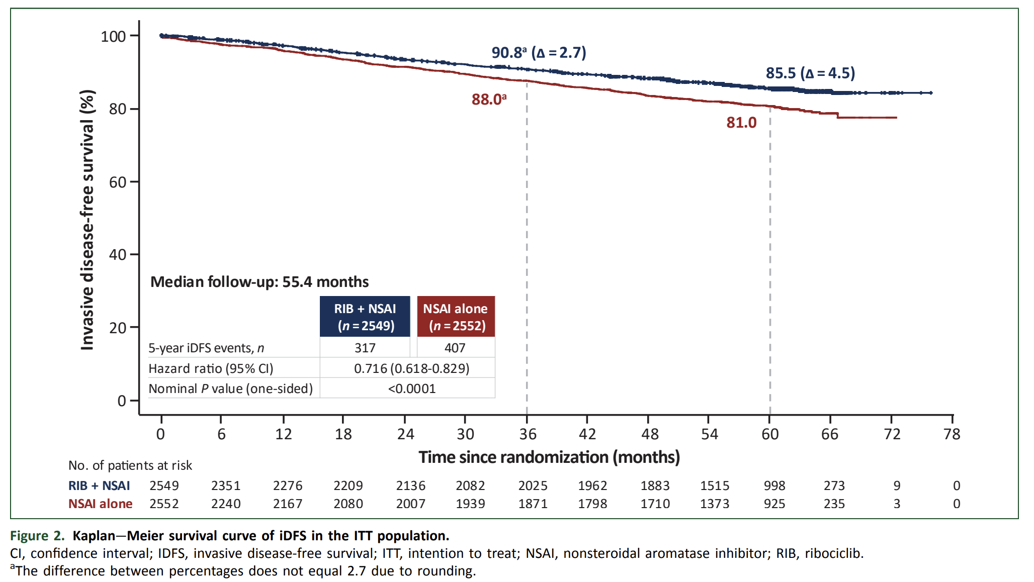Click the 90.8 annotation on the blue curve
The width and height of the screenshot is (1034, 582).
[x=538, y=52]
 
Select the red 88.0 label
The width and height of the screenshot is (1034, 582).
[x=488, y=99]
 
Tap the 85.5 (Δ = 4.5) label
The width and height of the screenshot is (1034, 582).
[x=810, y=73]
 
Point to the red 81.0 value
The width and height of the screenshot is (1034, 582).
[x=741, y=122]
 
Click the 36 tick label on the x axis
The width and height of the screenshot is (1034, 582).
[x=528, y=434]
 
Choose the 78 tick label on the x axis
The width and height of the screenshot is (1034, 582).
[x=952, y=434]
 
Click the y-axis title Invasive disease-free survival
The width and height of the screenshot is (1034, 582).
[x=88, y=220]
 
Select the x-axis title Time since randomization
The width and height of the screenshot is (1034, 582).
[x=549, y=457]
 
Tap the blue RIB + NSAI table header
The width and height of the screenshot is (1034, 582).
[x=365, y=317]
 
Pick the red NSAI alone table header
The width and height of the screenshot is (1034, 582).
[x=456, y=317]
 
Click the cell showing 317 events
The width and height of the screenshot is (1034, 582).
[x=365, y=348]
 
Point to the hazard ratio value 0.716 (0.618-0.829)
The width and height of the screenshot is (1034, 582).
[x=411, y=368]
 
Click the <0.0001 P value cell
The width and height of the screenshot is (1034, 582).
[x=411, y=389]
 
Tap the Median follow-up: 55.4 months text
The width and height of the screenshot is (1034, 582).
[x=260, y=281]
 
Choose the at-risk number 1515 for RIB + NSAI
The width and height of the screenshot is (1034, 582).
[x=714, y=486]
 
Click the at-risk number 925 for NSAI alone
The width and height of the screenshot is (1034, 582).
[x=774, y=504]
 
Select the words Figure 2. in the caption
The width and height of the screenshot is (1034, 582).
[x=37, y=536]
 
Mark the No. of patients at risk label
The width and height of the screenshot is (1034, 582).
[x=130, y=465]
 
